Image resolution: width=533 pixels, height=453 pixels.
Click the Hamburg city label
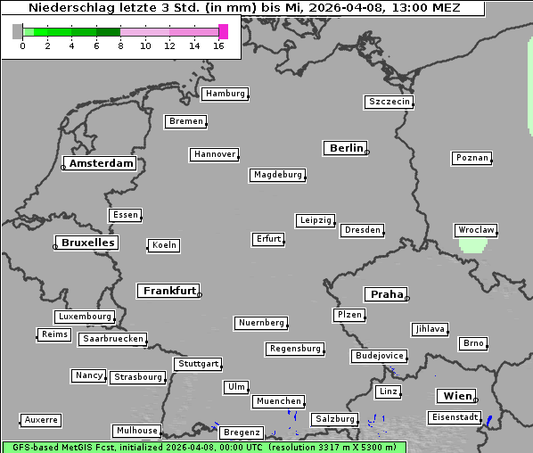[x=224, y=94]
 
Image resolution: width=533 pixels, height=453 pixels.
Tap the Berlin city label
[x=346, y=148]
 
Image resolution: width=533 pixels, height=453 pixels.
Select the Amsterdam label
[x=101, y=164]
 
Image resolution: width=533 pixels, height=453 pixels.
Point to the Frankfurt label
[x=169, y=291]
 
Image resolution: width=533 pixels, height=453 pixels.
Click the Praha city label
[x=387, y=294]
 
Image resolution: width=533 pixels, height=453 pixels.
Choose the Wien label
[x=456, y=396]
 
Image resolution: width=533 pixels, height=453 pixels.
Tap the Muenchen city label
[x=278, y=402]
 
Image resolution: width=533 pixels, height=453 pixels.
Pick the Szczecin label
[x=389, y=102]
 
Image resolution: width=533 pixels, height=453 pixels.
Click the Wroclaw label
[x=475, y=230]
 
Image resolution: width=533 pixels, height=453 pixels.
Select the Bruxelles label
[x=87, y=243]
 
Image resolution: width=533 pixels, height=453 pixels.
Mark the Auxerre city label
[x=41, y=419]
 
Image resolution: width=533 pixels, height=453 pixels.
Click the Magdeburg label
[x=277, y=175]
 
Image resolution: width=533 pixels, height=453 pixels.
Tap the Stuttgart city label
[x=197, y=364]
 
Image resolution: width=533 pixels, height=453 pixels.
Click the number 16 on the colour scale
[x=218, y=45]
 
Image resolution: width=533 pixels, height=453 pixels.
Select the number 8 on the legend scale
[x=120, y=45]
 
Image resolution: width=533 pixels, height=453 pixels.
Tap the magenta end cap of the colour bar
[x=223, y=31]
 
